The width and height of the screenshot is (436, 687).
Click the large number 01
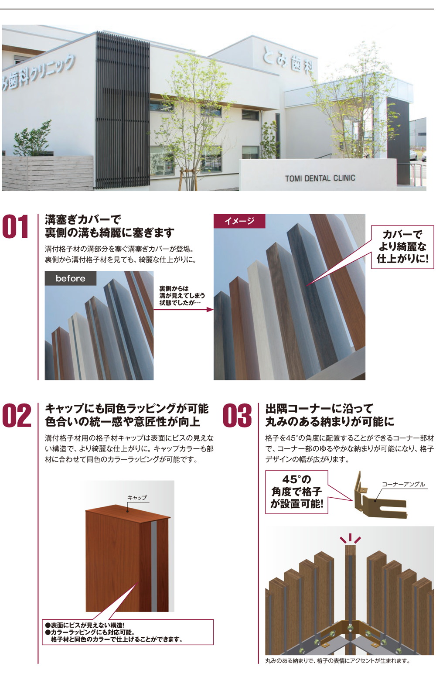(15, 227)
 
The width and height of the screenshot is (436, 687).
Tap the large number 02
(17, 415)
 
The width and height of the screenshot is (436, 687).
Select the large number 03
(237, 415)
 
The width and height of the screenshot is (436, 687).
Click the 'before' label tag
(71, 278)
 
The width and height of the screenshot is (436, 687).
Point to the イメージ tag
(239, 221)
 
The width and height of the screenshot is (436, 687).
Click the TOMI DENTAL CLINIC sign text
(320, 178)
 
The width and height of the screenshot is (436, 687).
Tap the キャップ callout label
(137, 497)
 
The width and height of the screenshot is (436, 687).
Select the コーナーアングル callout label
(403, 484)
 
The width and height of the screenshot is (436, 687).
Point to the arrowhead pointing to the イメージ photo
(210, 309)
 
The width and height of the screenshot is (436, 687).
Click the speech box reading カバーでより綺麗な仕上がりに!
(402, 247)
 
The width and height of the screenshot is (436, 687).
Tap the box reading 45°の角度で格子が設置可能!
(296, 492)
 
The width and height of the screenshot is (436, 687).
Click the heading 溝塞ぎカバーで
(83, 219)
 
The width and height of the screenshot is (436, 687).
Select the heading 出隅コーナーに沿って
(319, 408)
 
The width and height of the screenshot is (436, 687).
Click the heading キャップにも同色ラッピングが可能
(126, 408)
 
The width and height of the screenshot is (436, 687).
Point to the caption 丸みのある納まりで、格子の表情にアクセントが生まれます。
(337, 660)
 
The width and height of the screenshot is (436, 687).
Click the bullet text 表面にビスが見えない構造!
(85, 625)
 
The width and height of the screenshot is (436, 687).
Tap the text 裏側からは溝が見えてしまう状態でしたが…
(182, 296)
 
